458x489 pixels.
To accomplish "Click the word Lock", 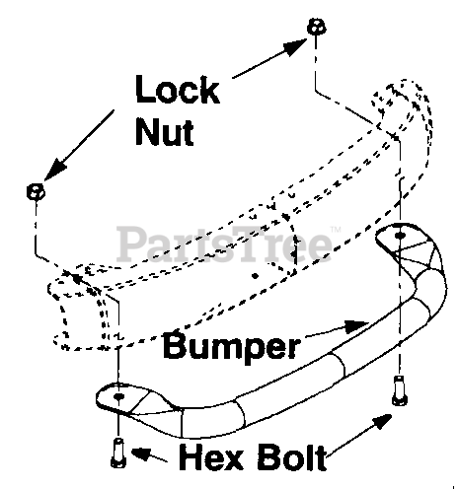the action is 178,90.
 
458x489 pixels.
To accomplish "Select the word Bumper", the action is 232,347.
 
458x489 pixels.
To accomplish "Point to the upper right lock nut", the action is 317,27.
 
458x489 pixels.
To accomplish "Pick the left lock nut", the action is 36,191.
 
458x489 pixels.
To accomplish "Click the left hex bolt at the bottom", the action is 117,453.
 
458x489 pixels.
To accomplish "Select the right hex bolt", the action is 399,390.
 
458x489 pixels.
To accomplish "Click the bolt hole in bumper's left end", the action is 118,396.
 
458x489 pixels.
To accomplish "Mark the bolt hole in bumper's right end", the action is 400,236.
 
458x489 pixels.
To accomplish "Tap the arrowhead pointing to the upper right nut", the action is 295,47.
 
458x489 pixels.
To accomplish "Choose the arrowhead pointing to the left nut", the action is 54,170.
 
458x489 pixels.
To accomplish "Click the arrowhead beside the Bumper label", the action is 356,326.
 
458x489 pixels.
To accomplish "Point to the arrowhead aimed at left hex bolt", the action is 141,454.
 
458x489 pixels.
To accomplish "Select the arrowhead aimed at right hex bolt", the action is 381,422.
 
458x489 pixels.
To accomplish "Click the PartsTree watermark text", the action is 224,244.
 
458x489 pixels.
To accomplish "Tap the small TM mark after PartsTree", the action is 336,229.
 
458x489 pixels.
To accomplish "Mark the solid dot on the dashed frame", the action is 255,276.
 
